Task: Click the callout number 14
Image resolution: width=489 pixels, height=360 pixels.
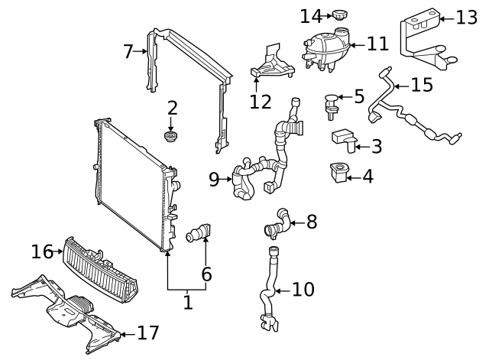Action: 311,15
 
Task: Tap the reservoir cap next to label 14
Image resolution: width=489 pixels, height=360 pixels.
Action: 340,15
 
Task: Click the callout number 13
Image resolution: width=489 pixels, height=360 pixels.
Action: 465,17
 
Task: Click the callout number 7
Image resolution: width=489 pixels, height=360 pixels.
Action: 128,52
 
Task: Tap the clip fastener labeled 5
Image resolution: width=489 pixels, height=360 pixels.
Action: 332,104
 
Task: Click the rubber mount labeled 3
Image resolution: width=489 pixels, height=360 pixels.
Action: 343,138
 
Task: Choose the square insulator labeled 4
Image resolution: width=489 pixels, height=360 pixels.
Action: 337,174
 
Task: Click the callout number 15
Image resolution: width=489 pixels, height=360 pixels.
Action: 421,85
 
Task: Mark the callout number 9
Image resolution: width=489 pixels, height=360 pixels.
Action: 214,180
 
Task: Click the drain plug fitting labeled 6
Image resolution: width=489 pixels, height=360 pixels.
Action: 201,232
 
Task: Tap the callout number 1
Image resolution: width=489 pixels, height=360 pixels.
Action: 188,303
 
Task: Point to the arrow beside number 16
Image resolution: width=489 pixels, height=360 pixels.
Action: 59,251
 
